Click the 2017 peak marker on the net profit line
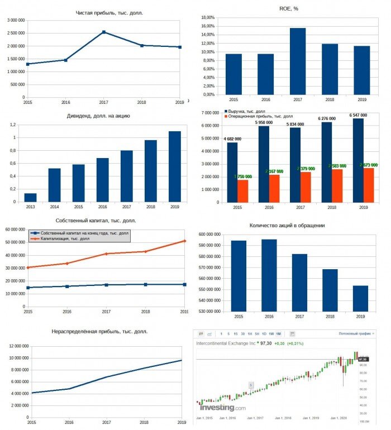104,32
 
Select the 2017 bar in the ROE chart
298,61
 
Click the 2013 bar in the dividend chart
30,197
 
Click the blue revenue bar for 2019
357,159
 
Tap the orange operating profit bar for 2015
243,190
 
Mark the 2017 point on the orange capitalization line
106,254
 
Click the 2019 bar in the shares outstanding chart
360,298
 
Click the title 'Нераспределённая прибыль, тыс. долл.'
99,331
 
